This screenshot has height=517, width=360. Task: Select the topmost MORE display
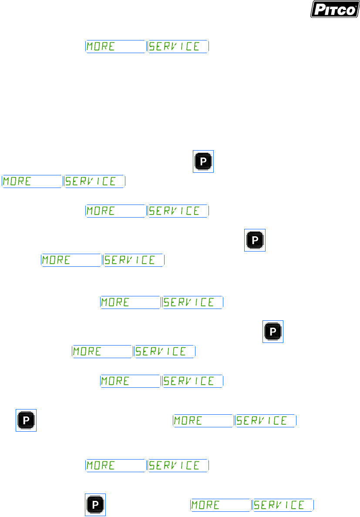[115, 47]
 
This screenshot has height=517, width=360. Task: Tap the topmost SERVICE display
[178, 47]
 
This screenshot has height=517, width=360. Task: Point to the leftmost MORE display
[32, 181]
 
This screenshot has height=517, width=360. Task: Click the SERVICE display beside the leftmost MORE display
[95, 181]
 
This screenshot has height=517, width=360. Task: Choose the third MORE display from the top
[115, 211]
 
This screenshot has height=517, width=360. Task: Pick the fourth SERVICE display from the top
[134, 260]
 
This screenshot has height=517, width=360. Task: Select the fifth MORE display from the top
[131, 302]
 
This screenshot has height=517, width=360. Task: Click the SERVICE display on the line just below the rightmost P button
[165, 351]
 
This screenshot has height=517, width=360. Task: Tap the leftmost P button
[26, 420]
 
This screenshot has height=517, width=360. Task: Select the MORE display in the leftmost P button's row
[203, 420]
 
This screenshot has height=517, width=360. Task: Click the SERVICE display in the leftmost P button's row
[266, 420]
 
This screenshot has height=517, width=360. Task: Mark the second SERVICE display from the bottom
[178, 465]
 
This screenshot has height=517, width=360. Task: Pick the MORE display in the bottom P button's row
[221, 505]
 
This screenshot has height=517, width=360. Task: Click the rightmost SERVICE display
[283, 505]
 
